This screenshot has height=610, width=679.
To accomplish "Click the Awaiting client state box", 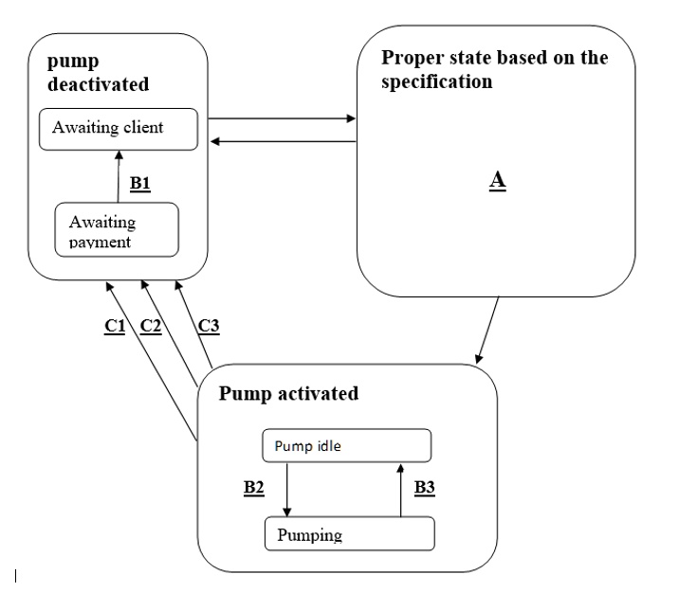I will [x=118, y=129].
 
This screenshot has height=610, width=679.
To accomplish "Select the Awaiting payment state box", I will [x=118, y=229].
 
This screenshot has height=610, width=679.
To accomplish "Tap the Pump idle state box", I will [x=345, y=444].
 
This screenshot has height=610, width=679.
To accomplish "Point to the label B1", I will [x=140, y=183].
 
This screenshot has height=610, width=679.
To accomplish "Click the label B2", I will [x=253, y=488].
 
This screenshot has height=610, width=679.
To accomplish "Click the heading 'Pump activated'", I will [x=289, y=392].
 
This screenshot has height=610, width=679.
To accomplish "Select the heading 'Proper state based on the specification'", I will [x=494, y=68].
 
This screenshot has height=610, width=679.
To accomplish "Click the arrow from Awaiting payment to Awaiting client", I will [x=118, y=175].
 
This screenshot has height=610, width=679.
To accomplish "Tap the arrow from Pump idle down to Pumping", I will [x=287, y=488].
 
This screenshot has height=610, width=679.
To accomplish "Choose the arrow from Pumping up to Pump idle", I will [x=401, y=488].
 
